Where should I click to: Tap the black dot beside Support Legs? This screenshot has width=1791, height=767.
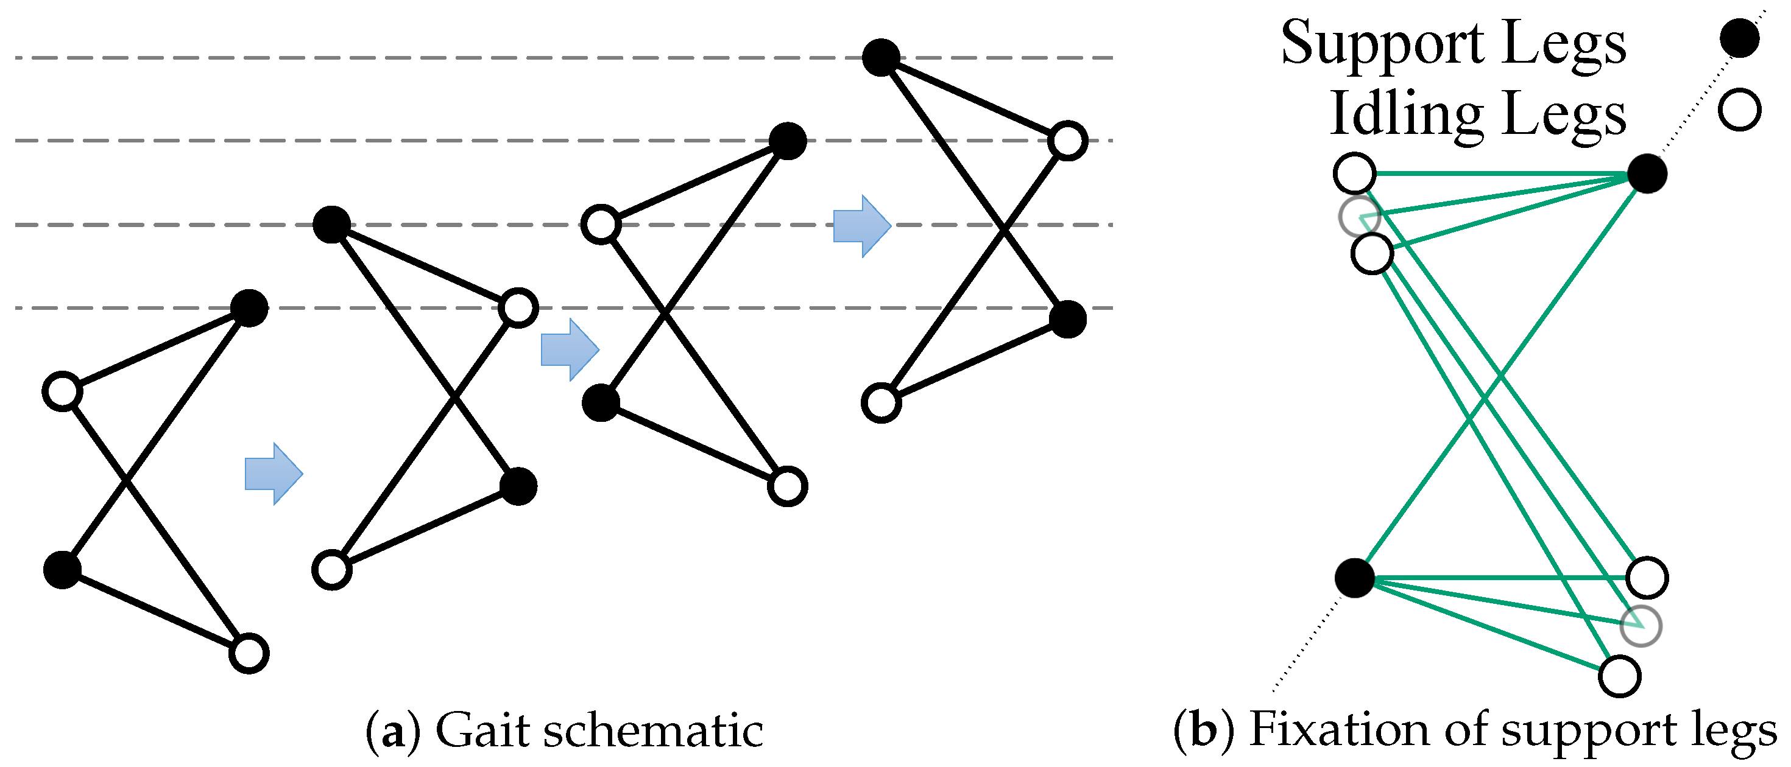[1740, 38]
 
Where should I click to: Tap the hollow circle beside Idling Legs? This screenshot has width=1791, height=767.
[1740, 109]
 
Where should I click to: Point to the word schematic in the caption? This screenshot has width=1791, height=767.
[653, 730]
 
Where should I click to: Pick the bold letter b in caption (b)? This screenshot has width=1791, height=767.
[1204, 730]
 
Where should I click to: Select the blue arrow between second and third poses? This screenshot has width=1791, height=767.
[570, 349]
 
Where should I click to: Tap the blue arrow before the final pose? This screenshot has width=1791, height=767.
[861, 226]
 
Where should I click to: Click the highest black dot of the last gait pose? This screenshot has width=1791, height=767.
[881, 57]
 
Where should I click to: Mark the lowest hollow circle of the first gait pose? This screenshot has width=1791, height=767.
[249, 653]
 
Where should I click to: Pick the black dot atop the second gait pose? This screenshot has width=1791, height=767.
[331, 225]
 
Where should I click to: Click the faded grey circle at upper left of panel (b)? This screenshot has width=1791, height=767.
[1358, 217]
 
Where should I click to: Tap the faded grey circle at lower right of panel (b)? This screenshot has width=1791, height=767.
[1641, 626]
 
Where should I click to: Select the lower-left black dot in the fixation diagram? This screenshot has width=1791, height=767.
[1354, 577]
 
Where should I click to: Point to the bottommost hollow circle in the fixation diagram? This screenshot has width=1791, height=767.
[1620, 676]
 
